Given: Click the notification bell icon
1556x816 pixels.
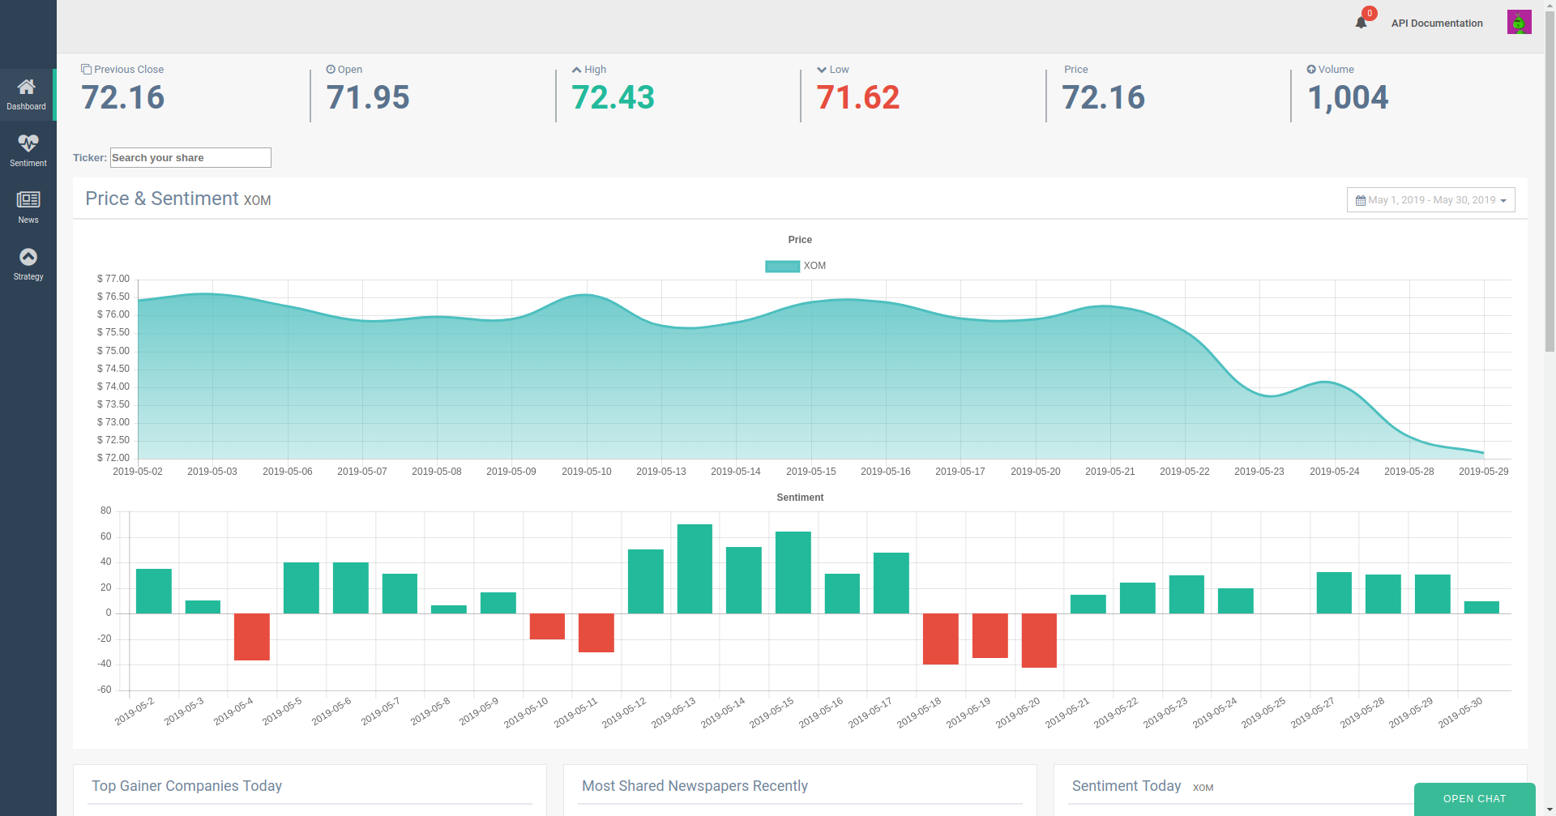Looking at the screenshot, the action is click(1361, 23).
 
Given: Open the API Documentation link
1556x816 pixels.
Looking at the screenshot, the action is click(1437, 23).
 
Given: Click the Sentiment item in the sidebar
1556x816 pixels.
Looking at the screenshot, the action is click(28, 151).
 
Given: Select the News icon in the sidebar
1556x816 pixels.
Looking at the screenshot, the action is click(28, 199).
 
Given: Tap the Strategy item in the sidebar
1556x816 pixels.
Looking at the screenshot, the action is click(28, 264).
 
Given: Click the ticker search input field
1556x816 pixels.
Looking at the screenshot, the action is click(190, 157).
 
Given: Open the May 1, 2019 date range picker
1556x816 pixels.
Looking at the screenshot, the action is click(1430, 200).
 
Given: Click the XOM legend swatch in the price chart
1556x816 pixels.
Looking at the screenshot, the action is click(782, 266).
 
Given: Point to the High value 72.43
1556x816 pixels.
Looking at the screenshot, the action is click(613, 98).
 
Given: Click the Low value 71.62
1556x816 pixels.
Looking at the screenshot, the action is click(858, 98).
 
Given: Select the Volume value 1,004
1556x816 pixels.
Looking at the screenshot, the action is click(1348, 98).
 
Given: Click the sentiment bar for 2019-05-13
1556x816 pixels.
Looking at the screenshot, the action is click(695, 569).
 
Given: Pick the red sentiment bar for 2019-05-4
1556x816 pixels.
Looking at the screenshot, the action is click(252, 637).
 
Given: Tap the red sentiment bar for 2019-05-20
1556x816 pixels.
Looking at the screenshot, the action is click(1039, 640).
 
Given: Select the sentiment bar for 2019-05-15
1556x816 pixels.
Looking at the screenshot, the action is click(793, 572).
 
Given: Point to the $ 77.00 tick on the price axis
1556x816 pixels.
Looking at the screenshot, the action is click(113, 279).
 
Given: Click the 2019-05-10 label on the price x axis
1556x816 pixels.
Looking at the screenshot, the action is click(587, 472).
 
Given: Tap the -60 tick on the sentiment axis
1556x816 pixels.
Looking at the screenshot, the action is click(105, 690).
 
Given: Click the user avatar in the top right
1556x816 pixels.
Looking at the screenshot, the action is click(1519, 22).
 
